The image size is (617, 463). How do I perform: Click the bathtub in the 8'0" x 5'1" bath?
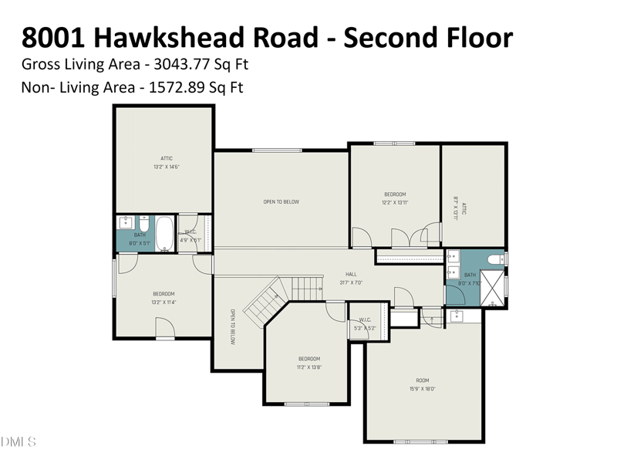pos(164,233)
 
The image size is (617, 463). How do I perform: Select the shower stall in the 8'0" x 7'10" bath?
pos(491,288)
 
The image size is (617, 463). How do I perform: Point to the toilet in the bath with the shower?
pos(497,260)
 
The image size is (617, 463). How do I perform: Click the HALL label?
pos(351,274)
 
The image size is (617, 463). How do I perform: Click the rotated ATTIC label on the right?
pos(464,208)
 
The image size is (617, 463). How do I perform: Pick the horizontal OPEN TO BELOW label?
pos(281,202)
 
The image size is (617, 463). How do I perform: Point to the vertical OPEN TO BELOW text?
pos(231,326)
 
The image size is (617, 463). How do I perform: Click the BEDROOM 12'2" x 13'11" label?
pos(394,198)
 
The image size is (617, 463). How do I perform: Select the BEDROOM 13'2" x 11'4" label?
pos(164,297)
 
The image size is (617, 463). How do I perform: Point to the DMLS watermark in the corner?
pos(19,442)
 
